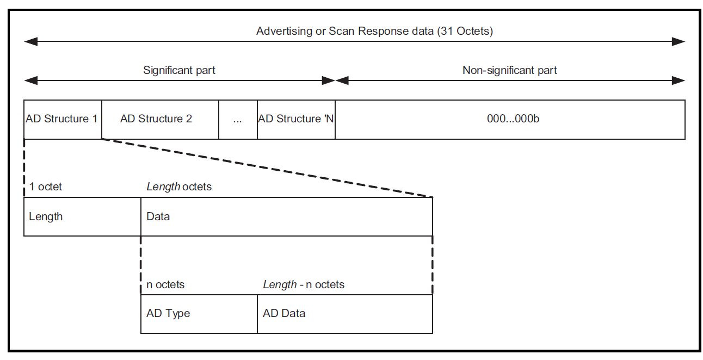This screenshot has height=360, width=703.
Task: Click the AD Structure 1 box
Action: [x=63, y=120]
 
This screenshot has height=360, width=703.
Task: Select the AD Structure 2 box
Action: [x=161, y=120]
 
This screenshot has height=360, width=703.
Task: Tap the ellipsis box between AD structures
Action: [x=238, y=120]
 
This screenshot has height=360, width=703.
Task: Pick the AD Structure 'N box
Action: [x=296, y=120]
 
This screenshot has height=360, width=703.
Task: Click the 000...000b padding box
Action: [x=510, y=120]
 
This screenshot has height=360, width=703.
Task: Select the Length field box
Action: [x=82, y=216]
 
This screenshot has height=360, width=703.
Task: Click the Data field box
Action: [x=287, y=216]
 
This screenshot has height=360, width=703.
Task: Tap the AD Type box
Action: [x=199, y=314]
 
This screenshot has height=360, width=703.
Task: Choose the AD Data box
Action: [x=345, y=314]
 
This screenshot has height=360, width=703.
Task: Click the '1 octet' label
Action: [x=46, y=187]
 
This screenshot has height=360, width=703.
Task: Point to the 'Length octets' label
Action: [x=179, y=187]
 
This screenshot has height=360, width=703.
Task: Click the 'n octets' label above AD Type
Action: [x=165, y=284]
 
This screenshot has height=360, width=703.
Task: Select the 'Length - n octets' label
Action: [x=304, y=284]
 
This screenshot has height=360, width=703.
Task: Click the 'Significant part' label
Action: [x=179, y=70]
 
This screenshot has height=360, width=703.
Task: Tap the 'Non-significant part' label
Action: [x=510, y=70]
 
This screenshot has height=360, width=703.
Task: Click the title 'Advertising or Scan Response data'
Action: [x=345, y=31]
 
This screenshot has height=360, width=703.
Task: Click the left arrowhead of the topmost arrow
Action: [x=31, y=41]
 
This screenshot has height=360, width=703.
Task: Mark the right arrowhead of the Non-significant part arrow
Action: [x=679, y=80]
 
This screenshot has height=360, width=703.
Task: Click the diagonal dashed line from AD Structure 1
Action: [x=267, y=168]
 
